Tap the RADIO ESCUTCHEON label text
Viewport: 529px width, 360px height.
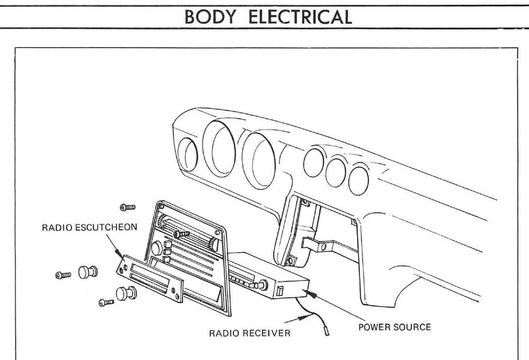click(x=89, y=228)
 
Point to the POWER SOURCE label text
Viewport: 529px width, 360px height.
click(x=394, y=327)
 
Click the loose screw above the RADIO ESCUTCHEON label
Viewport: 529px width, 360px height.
click(x=127, y=207)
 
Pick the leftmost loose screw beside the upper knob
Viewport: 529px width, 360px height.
click(x=63, y=275)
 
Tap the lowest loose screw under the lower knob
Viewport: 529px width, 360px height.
click(x=106, y=302)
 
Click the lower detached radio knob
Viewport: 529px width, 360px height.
click(x=125, y=292)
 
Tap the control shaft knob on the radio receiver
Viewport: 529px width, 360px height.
click(x=262, y=286)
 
